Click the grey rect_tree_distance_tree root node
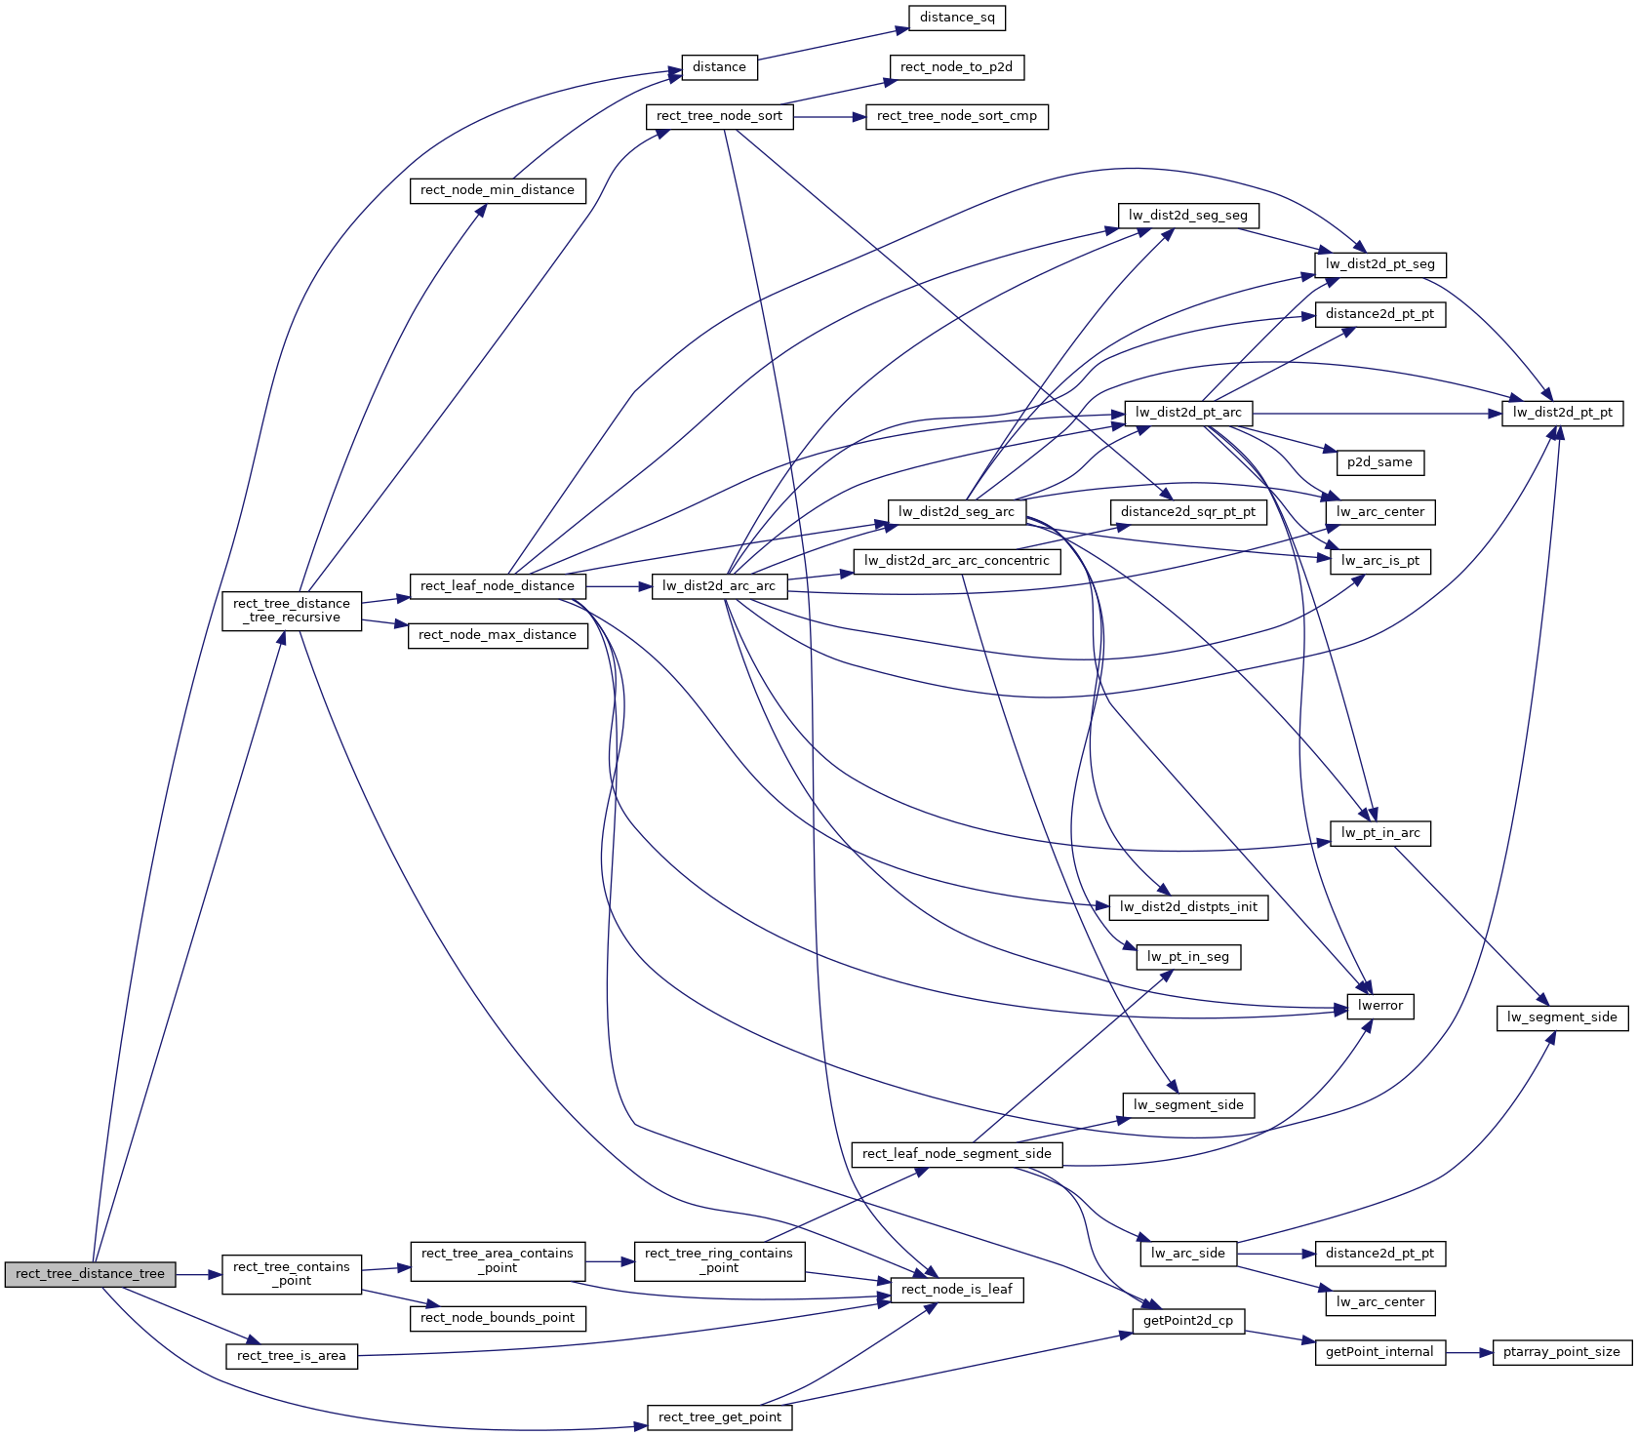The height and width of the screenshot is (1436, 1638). (91, 1274)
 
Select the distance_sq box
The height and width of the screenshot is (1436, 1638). (957, 18)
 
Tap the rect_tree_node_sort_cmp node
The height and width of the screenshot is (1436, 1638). (957, 116)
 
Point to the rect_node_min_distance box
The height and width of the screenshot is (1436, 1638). (498, 190)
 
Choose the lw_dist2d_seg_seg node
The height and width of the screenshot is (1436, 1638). (1188, 216)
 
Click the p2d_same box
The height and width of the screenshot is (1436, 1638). (1379, 462)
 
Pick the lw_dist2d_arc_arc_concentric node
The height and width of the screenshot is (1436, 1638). (957, 561)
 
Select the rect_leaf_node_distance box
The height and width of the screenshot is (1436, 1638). (498, 586)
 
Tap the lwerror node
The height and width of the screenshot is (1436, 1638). (1380, 1006)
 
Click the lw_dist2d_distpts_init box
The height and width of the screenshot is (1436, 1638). (1188, 907)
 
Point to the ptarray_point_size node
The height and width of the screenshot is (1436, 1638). (1562, 1352)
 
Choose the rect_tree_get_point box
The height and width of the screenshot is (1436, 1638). (720, 1417)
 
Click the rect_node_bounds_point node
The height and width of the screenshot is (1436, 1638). (498, 1318)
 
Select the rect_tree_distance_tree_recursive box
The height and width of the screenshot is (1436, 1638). (292, 611)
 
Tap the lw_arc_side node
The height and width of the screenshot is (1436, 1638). (1188, 1254)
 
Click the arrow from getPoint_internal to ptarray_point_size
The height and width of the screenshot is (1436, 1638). (1469, 1352)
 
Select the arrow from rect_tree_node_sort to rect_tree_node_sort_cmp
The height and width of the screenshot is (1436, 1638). (830, 116)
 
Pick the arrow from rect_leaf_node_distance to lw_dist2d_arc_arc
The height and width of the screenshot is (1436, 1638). (619, 586)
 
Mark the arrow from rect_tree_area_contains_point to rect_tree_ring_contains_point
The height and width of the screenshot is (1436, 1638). (610, 1261)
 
